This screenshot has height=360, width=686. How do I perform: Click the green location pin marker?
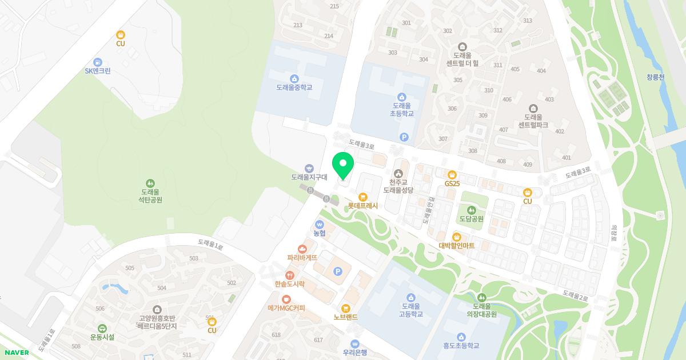343,166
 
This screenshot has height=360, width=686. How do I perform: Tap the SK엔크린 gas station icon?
98,62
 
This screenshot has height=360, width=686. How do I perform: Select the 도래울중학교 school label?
294,87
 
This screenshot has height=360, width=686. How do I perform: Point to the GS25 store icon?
452,174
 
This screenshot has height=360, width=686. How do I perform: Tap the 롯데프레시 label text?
362,205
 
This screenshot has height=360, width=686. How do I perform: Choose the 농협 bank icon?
320,224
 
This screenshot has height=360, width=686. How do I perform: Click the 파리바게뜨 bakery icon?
302,249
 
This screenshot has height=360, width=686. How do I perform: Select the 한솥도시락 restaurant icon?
290,275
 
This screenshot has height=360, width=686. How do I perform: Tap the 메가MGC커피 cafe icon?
286,299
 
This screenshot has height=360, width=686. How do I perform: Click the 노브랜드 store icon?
345,308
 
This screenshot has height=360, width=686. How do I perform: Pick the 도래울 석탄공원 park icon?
150,183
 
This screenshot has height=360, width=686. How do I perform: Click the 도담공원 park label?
470,219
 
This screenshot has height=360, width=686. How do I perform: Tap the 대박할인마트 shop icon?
456,237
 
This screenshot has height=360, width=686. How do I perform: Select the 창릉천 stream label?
656,77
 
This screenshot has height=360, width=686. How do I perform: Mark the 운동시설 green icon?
102,328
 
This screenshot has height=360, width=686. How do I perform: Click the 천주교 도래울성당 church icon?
398,173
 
